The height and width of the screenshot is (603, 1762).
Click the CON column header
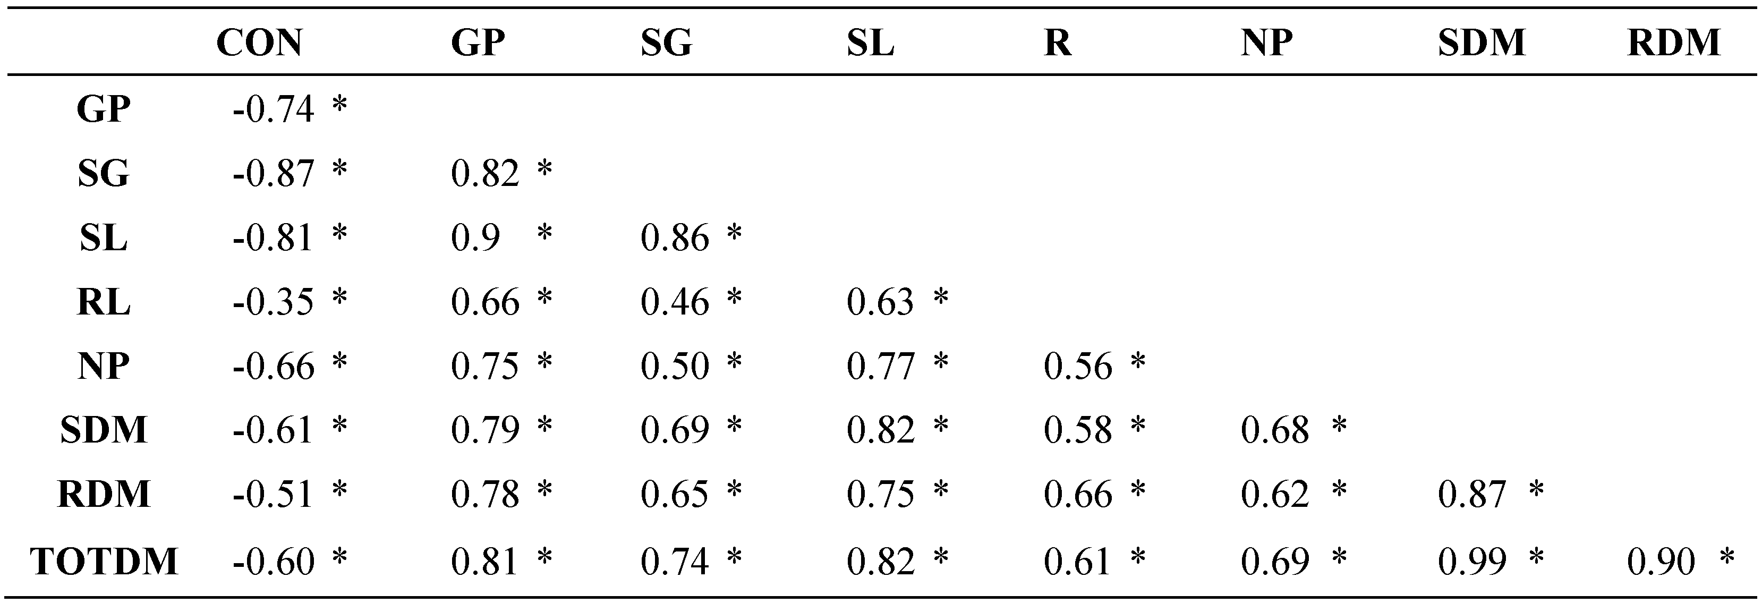(x=259, y=43)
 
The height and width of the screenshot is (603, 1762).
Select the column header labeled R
(x=1058, y=43)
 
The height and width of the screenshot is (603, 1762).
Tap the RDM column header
(x=1673, y=43)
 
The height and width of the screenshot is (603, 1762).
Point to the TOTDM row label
(x=104, y=561)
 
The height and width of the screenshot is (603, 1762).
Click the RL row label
(x=104, y=302)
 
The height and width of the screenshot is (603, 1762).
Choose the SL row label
(x=104, y=238)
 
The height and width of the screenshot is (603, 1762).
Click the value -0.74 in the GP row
(x=273, y=109)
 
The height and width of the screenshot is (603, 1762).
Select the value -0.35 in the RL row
(x=273, y=302)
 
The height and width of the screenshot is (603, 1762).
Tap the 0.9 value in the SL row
(x=475, y=238)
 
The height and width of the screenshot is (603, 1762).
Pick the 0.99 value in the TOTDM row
(x=1472, y=561)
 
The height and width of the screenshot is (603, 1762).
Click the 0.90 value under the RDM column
(x=1661, y=561)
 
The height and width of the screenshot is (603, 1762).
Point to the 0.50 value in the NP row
(x=675, y=366)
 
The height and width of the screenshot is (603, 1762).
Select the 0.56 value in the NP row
(x=1078, y=366)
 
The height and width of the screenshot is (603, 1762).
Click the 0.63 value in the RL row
(x=880, y=302)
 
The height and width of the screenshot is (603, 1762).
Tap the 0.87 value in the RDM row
(x=1472, y=494)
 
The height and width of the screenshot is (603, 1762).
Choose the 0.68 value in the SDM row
(x=1275, y=430)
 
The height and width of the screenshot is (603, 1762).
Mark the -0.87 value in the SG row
(x=273, y=173)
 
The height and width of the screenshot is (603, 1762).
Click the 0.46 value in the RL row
(x=675, y=302)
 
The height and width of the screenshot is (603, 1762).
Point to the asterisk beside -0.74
(x=339, y=104)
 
